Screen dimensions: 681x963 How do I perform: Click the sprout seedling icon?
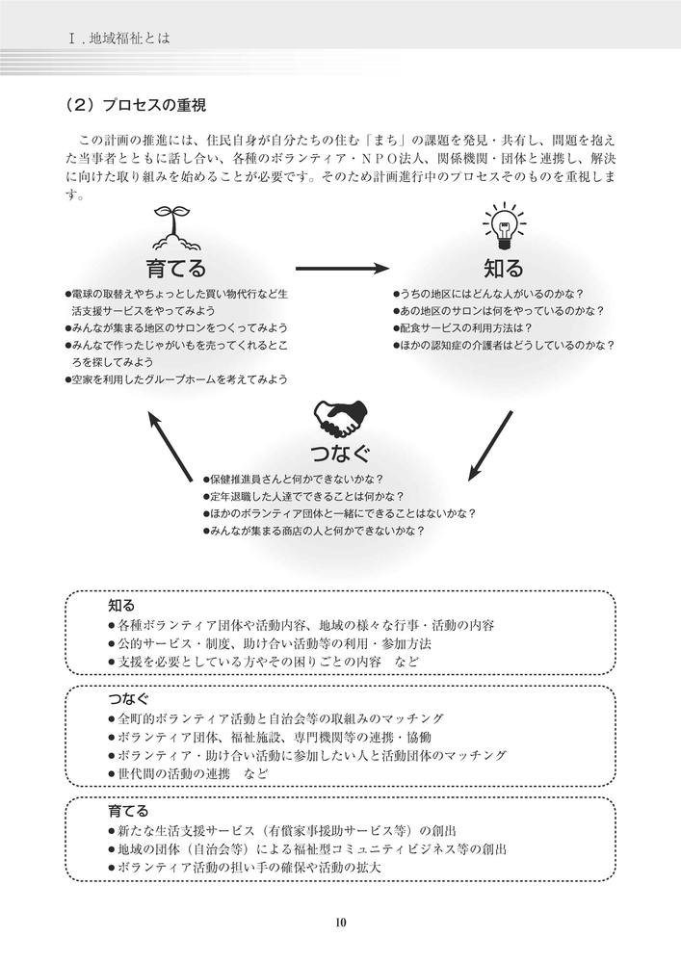point(176,227)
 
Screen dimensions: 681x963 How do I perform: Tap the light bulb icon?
point(504,226)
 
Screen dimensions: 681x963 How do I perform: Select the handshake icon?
point(340,418)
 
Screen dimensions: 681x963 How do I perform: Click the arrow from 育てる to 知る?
point(342,269)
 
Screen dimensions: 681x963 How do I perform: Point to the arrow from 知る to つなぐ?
point(490,445)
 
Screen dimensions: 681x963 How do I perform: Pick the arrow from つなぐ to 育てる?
point(170,447)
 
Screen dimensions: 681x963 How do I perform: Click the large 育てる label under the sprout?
point(175,269)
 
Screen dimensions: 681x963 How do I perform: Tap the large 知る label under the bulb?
point(504,269)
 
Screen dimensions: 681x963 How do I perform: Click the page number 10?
point(341,922)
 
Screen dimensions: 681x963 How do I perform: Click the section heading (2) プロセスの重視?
point(136,105)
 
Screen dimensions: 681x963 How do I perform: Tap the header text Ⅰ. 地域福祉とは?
point(119,39)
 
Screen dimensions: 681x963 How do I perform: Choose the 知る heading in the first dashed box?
point(121,606)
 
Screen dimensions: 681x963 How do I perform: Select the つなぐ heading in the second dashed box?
point(128,698)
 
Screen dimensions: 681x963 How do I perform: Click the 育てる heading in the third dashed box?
point(128,811)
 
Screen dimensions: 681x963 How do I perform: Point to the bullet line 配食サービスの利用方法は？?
point(462,328)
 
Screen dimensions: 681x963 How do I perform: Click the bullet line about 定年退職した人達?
point(303,496)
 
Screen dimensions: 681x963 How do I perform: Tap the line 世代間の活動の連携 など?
point(188,773)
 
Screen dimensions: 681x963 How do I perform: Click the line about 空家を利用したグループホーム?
point(176,379)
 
